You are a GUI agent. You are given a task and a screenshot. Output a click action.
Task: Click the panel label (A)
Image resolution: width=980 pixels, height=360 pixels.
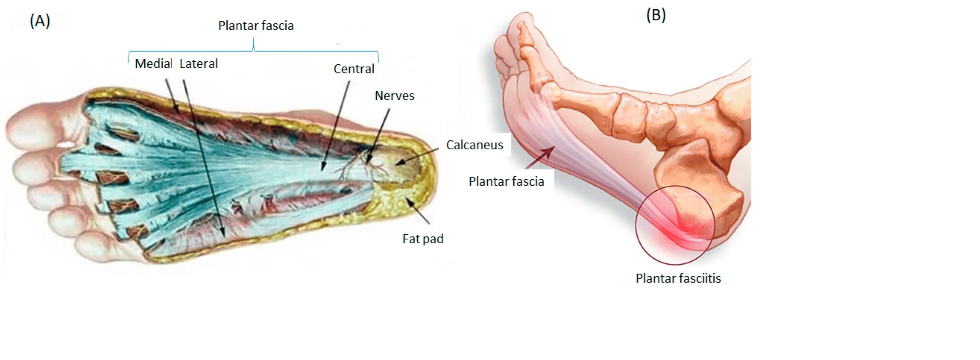pyautogui.click(x=40, y=21)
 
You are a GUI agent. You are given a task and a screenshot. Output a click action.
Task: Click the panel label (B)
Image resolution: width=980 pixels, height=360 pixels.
pyautogui.click(x=656, y=15)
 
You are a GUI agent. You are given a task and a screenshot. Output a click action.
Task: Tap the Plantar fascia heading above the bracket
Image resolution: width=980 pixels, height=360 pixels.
pyautogui.click(x=256, y=26)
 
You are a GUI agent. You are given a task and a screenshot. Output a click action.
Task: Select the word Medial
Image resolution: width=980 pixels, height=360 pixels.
pyautogui.click(x=153, y=64)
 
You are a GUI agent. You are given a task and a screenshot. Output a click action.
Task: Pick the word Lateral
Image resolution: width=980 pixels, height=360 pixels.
pyautogui.click(x=198, y=64)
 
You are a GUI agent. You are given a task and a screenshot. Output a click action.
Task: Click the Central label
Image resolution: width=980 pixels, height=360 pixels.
pyautogui.click(x=354, y=69)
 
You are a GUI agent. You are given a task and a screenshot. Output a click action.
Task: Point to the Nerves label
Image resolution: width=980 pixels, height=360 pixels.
pyautogui.click(x=394, y=96)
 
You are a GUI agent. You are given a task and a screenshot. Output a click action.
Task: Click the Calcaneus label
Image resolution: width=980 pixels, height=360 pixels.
pyautogui.click(x=475, y=145)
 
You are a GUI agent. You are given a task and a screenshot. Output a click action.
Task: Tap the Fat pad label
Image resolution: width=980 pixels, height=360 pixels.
pyautogui.click(x=423, y=239)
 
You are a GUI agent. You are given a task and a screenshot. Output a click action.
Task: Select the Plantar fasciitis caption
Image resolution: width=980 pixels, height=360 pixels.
pyautogui.click(x=678, y=278)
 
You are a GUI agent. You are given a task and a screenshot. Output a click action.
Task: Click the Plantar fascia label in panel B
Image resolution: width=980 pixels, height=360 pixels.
pyautogui.click(x=506, y=181)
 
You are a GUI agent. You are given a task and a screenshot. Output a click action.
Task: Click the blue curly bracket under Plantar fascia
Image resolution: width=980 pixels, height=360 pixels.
pyautogui.click(x=253, y=50)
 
